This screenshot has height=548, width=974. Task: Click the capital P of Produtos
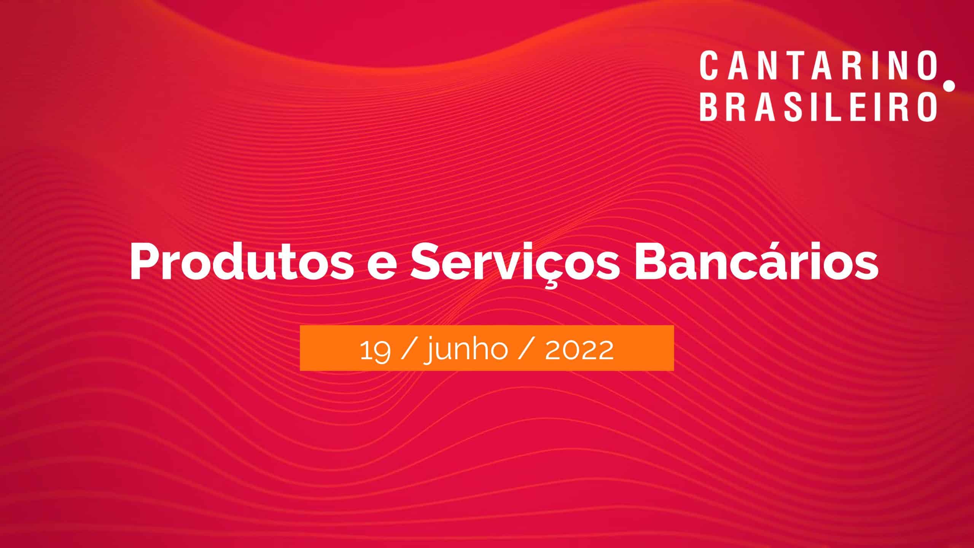click(x=145, y=263)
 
